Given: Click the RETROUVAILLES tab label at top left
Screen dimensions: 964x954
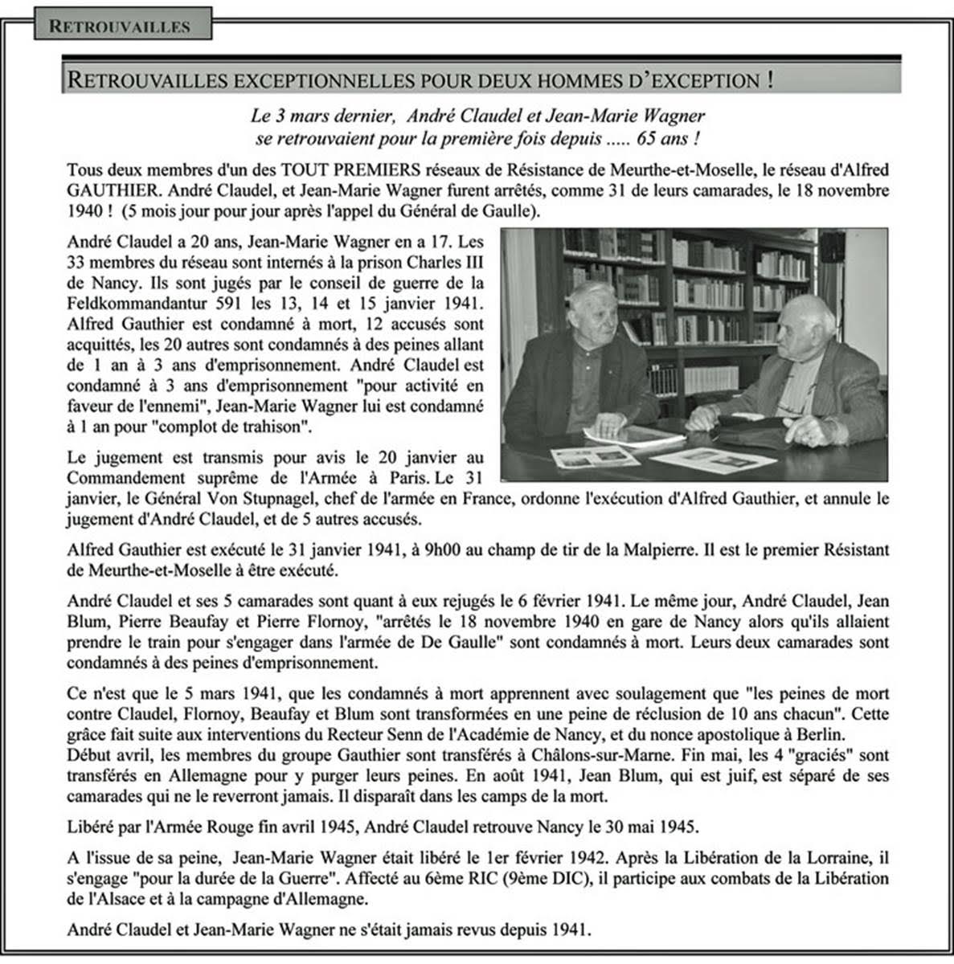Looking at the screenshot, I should coord(120,26).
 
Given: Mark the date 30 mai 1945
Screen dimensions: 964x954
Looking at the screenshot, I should coord(647,827).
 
